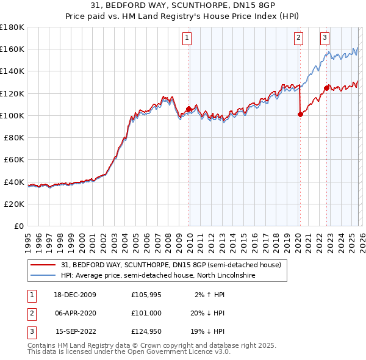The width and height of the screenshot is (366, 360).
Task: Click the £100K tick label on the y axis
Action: (x=12, y=115)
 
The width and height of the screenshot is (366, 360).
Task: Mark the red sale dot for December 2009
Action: (x=188, y=109)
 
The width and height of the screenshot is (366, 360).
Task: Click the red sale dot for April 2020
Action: (x=300, y=113)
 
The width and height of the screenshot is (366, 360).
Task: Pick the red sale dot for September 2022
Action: (x=326, y=87)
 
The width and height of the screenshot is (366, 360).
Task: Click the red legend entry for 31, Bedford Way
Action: (x=171, y=265)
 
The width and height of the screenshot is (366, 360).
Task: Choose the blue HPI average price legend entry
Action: (x=158, y=276)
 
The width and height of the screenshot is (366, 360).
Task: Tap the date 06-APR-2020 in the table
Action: (x=76, y=313)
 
